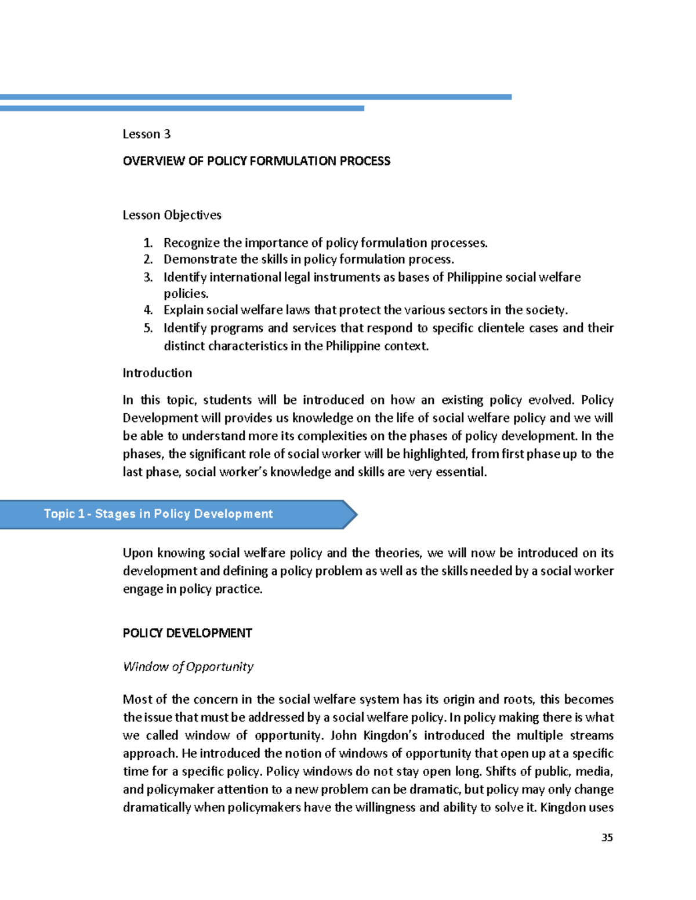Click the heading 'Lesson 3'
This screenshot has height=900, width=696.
[146, 134]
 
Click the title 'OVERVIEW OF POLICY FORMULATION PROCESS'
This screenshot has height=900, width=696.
[256, 161]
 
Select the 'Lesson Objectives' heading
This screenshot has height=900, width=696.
[172, 215]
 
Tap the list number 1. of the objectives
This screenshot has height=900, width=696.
[148, 243]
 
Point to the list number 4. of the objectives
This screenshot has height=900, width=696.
[148, 310]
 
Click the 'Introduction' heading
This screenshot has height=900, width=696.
[157, 373]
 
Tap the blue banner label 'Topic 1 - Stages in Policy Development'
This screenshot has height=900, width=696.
[158, 514]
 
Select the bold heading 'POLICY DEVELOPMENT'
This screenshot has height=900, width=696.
[187, 633]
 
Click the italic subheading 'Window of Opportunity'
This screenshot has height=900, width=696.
[188, 666]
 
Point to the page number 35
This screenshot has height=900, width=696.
[607, 837]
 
